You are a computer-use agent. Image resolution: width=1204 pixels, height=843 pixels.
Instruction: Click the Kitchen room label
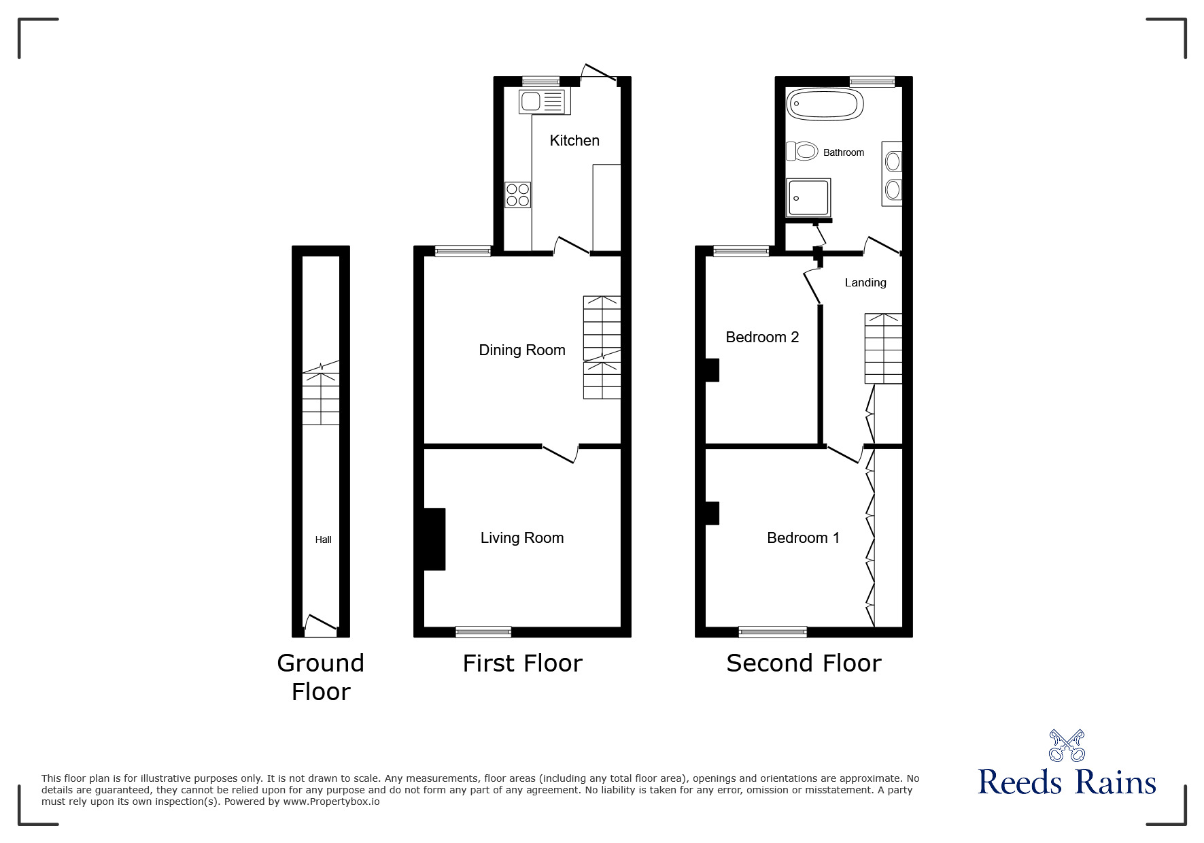[574, 141]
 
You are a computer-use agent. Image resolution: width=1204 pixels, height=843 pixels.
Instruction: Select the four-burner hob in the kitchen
[518, 195]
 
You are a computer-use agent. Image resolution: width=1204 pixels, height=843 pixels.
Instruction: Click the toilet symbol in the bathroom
[802, 150]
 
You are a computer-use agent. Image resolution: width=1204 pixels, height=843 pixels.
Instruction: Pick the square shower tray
[808, 198]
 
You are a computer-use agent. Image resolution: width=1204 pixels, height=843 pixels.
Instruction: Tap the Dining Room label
[522, 350]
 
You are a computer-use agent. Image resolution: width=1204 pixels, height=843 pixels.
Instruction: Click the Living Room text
[522, 538]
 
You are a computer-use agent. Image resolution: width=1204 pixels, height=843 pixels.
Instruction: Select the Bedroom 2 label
[762, 337]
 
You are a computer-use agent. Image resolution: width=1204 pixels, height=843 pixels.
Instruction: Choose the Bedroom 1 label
[803, 538]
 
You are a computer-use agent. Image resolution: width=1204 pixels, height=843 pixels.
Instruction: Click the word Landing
[865, 282]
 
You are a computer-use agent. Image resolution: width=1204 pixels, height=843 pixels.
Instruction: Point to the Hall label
[323, 540]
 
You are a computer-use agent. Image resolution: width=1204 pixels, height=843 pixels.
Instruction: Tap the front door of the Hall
[321, 626]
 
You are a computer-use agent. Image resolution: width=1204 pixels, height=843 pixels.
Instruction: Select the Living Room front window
[483, 631]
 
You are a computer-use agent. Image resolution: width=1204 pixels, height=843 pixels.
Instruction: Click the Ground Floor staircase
[321, 398]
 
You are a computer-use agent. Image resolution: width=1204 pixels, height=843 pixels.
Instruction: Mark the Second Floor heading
[804, 663]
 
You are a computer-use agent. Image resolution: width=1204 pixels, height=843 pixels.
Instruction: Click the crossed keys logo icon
[1066, 746]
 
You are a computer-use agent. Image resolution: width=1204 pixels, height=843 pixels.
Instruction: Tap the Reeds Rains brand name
[1067, 783]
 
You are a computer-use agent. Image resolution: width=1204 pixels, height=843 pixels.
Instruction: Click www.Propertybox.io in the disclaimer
[331, 801]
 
